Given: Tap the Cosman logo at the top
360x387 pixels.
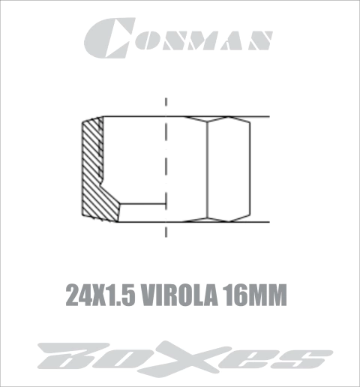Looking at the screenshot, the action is point(178,38).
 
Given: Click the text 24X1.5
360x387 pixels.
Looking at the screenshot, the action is point(100,295).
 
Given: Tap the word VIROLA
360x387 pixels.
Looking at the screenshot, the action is point(179,295).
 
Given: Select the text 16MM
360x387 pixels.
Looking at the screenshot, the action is point(254,295).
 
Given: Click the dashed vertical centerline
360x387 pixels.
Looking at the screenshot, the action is point(166,167).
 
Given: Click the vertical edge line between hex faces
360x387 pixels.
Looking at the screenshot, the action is point(207,169).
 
